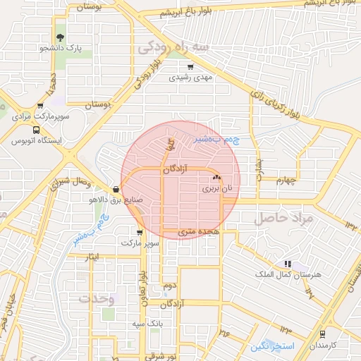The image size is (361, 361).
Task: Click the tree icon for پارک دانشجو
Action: coord(59,37)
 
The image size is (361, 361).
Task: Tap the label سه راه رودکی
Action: coord(173,47)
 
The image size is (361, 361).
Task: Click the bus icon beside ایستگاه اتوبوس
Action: coord(35,130)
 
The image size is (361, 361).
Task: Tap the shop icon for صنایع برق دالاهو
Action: coord(116,189)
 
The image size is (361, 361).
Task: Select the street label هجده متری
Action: coord(200,231)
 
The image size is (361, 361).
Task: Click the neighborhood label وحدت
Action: coord(97,298)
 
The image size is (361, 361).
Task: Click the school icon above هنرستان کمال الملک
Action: coord(287,263)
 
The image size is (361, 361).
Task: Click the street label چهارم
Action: coord(287,180)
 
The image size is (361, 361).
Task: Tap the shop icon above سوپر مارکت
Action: coord(140,232)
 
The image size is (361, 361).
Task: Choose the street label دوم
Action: coord(169,286)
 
